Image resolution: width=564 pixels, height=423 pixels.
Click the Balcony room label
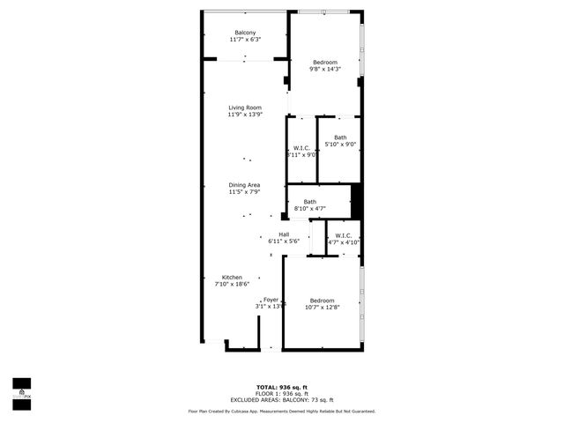245,33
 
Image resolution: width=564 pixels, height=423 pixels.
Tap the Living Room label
245,108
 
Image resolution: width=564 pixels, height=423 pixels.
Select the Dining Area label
245,184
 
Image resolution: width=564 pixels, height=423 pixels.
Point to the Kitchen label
232,278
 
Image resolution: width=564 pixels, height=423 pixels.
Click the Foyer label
271,300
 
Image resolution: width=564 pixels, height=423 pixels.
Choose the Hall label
284,234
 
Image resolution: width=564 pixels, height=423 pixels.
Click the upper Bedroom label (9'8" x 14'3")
325,62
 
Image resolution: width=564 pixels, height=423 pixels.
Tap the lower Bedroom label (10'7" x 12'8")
322,301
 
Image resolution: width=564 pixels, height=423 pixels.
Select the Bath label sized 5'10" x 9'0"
340,137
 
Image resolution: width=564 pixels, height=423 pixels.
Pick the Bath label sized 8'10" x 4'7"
310,202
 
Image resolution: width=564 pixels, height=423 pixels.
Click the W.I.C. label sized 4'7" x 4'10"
344,235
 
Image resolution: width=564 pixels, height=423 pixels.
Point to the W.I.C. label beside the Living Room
301,148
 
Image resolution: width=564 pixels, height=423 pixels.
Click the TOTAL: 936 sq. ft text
281,387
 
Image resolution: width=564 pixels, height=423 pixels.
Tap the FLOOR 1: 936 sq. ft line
281,393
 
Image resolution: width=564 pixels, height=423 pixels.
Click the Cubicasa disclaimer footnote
281,411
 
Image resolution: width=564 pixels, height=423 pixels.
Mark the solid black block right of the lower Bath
357,199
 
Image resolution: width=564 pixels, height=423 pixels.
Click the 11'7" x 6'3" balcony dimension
245,40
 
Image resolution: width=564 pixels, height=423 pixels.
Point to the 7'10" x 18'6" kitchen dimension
232,284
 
